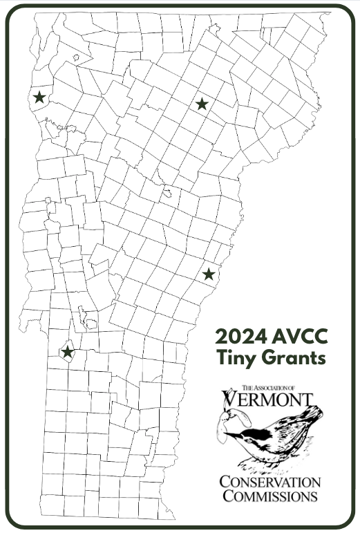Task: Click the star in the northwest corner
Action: (x=39, y=97)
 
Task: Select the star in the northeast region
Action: (x=202, y=104)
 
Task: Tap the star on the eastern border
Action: (x=209, y=274)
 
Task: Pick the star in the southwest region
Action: (x=67, y=352)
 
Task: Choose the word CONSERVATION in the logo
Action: (x=270, y=481)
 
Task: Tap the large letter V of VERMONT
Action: (x=230, y=400)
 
